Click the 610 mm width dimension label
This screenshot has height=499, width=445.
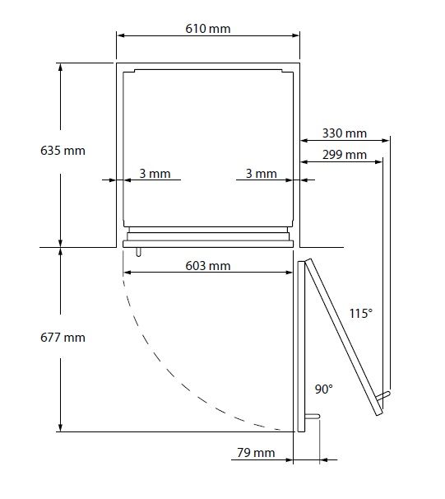(x=208, y=29)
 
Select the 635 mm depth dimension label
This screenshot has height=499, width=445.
(x=63, y=151)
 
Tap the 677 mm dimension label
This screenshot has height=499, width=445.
(x=63, y=338)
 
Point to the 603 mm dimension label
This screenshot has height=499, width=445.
(x=208, y=266)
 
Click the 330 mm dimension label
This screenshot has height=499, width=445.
(x=345, y=133)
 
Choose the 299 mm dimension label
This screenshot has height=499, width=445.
(x=345, y=155)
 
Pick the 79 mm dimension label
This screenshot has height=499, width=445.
(x=256, y=453)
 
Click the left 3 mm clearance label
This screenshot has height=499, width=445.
(x=155, y=174)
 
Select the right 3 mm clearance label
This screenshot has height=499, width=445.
(x=262, y=174)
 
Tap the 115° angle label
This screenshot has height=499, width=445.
(x=361, y=314)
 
